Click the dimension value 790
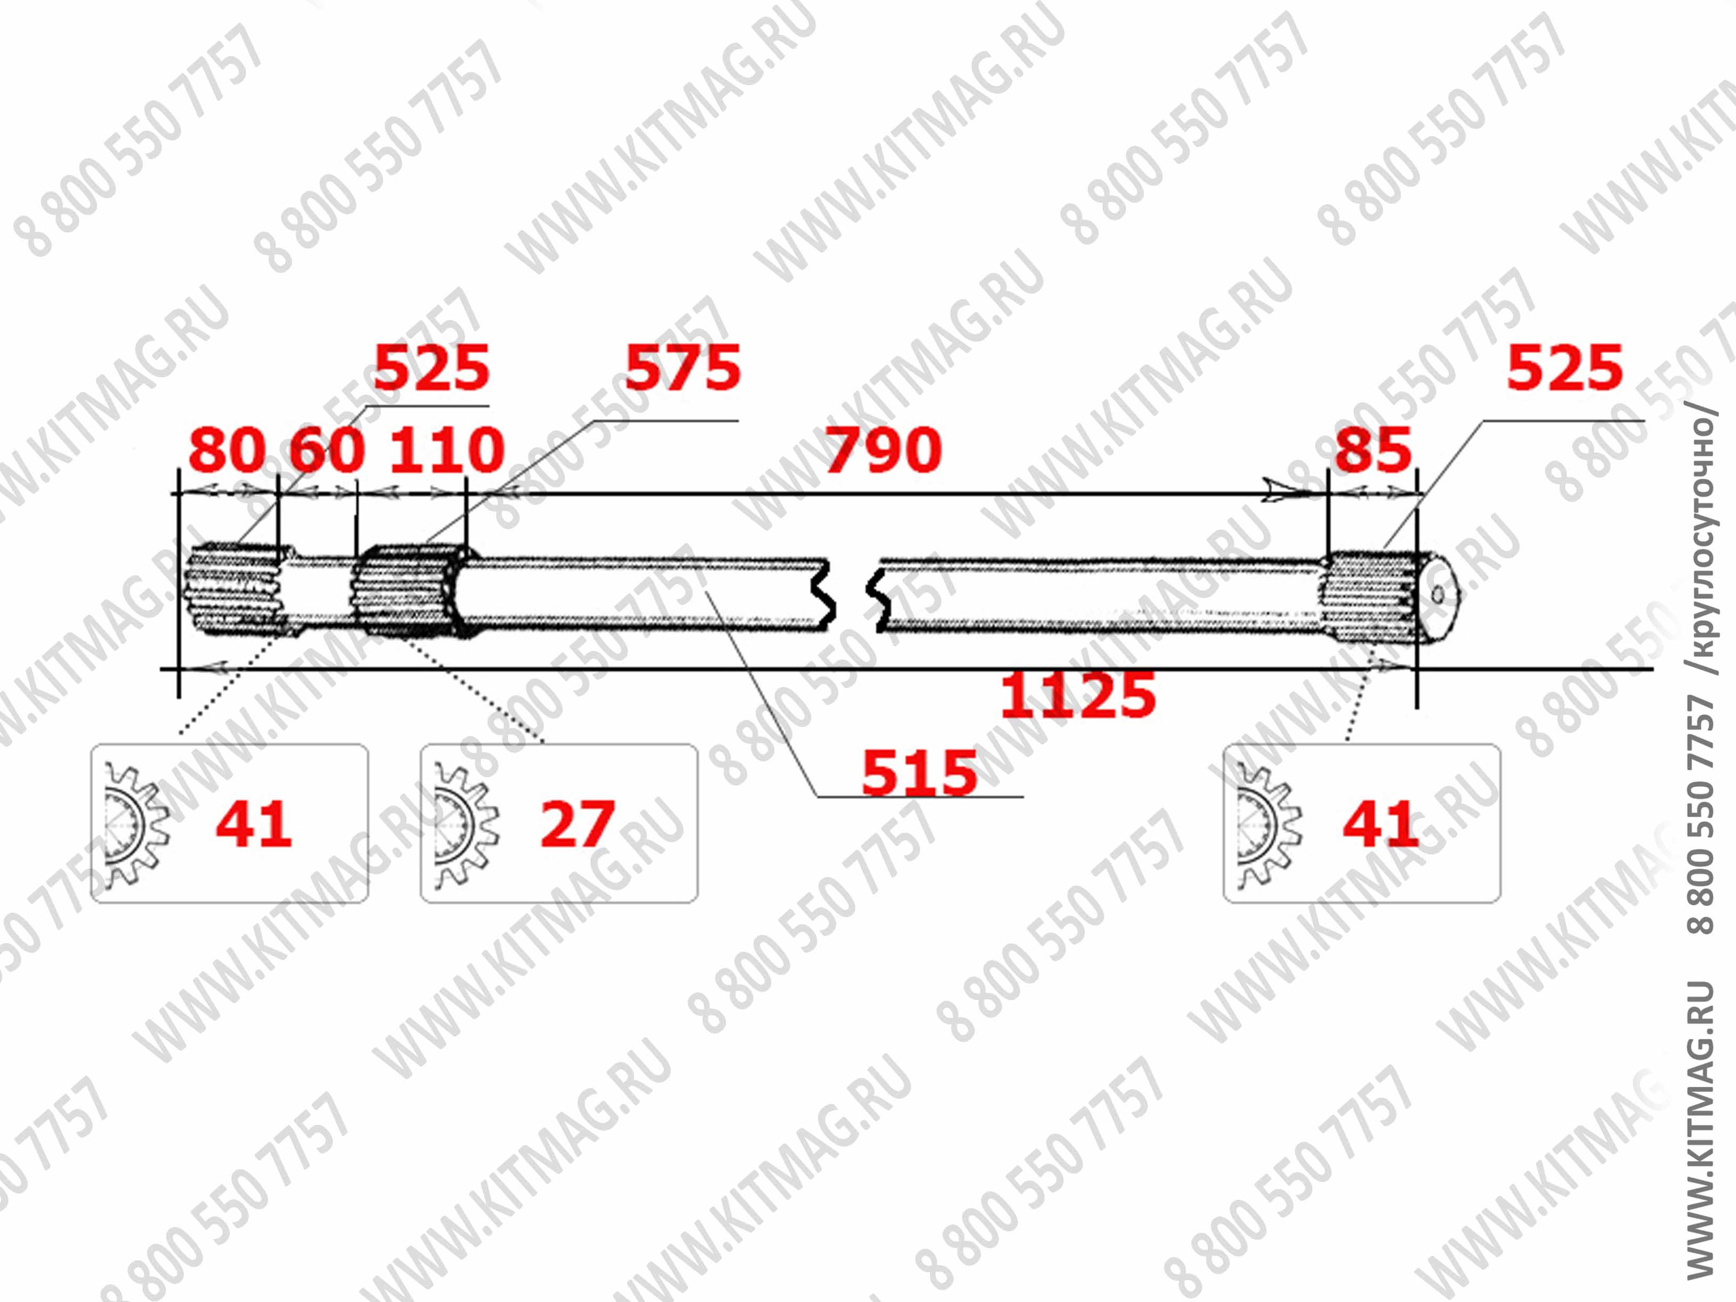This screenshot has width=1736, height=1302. click(x=883, y=450)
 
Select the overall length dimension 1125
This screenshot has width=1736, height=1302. click(x=1077, y=695)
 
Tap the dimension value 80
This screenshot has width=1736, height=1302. click(x=227, y=450)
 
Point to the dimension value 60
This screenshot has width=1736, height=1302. click(x=327, y=450)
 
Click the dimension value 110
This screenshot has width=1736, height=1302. click(x=447, y=450)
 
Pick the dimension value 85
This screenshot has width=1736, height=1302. click(x=1373, y=450)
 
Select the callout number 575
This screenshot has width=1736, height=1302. click(x=682, y=368)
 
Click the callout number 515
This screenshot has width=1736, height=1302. click(x=919, y=773)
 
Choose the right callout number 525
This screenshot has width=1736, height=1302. click(x=1564, y=368)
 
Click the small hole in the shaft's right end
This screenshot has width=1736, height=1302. click(x=1437, y=595)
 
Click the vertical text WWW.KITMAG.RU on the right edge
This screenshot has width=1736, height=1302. click(x=1700, y=1130)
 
